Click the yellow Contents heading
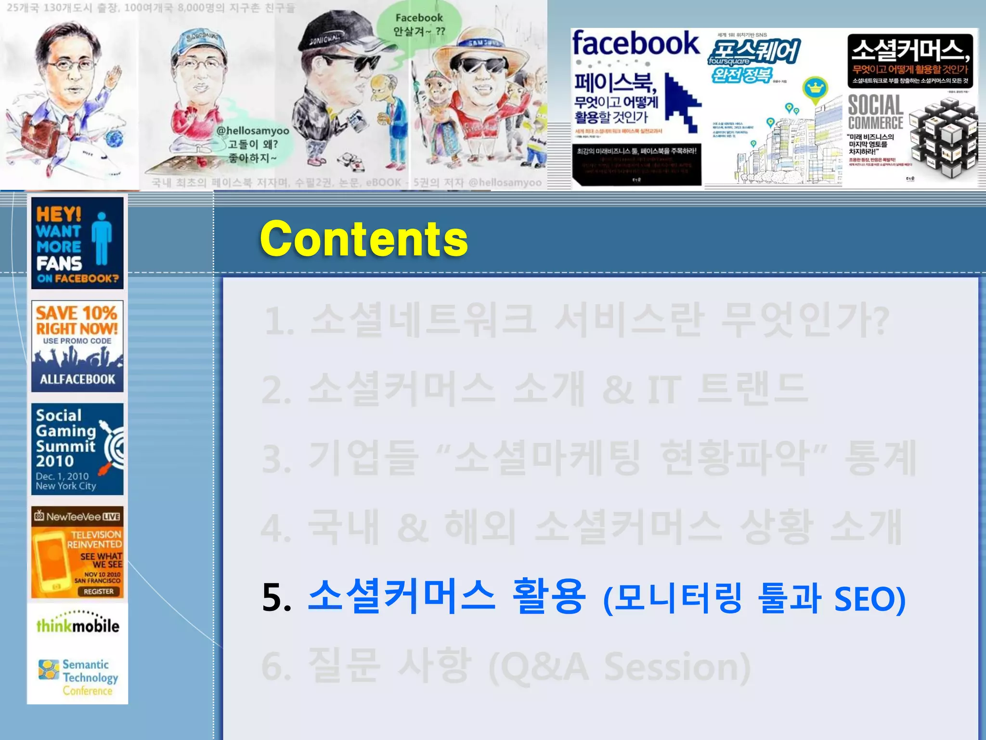[363, 238]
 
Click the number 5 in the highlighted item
[276, 598]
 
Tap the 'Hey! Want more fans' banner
[77, 243]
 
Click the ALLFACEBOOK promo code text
[77, 379]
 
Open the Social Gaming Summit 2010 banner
[77, 449]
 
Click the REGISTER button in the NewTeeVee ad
[99, 591]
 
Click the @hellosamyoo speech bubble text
[252, 144]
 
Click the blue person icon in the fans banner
[102, 238]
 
